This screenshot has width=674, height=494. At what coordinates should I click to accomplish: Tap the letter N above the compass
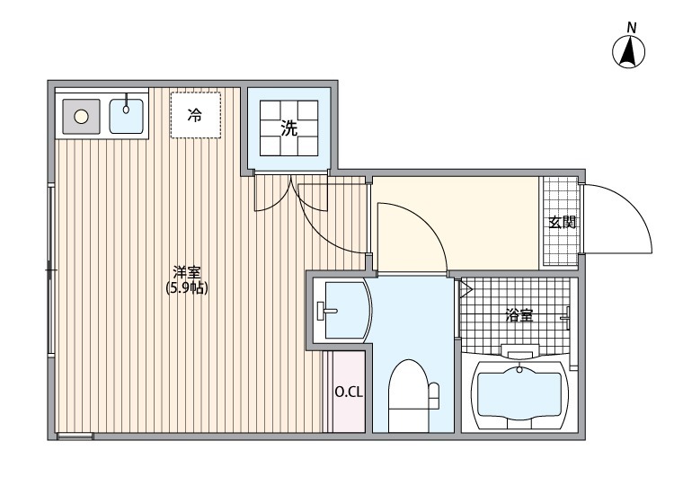pos(631,28)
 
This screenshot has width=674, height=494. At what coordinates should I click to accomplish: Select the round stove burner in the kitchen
pos(81,115)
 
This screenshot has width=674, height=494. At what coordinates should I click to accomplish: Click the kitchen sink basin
pos(126,116)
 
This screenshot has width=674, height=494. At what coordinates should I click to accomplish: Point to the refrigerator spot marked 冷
pos(195,115)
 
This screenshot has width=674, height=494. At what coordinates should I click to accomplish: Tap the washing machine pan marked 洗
pos(288,128)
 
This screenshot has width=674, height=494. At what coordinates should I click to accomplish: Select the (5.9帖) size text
pos(186,288)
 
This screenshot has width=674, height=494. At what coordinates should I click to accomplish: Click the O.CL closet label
pos(348,392)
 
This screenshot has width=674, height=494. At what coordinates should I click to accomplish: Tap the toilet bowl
pos(409,395)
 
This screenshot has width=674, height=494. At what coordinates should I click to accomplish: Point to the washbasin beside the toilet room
pos(342,311)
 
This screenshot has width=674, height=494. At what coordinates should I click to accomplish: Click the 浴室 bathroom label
pos(518,315)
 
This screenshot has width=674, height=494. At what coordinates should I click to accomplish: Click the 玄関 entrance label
pos(563,222)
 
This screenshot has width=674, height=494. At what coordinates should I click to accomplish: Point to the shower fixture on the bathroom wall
pos(567,314)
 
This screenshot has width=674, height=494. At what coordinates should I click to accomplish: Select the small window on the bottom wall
pos(75,437)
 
